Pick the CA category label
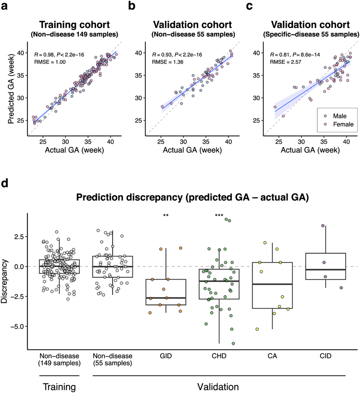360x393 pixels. [x=272, y=356]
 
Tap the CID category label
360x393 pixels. [x=325, y=356]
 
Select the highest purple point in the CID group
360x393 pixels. [x=323, y=226]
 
